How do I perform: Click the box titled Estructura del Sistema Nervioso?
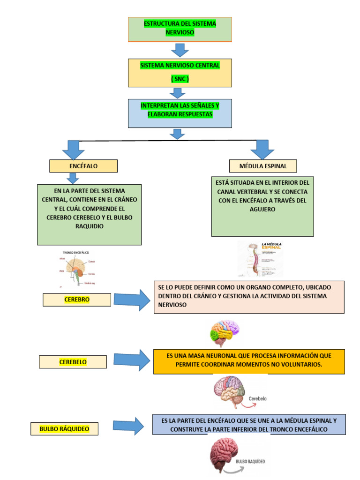click(180, 29)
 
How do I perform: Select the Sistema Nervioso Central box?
click(180, 72)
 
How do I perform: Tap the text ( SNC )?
click(180, 79)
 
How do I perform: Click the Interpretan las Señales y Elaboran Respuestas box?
click(180, 113)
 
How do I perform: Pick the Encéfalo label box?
click(83, 166)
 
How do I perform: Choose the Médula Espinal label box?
click(263, 166)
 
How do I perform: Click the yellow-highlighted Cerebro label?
click(77, 300)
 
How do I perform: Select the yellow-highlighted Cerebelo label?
click(73, 362)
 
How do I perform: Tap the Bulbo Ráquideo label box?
click(64, 428)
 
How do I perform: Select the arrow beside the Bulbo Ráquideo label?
click(128, 426)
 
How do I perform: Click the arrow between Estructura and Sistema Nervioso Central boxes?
click(180, 50)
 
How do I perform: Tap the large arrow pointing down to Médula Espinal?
click(262, 149)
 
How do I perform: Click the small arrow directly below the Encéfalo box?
click(73, 178)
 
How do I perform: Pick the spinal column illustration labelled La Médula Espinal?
click(260, 259)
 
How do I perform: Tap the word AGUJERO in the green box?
click(262, 210)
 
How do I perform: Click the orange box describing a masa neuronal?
click(248, 361)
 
